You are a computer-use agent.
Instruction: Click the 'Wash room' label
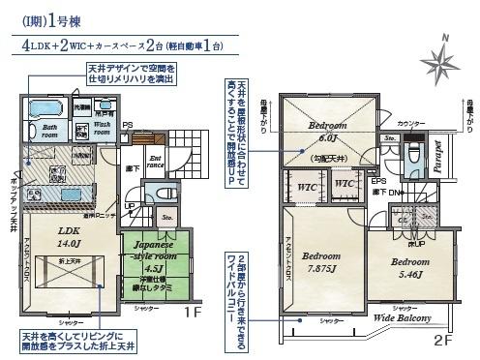click(x=106, y=129)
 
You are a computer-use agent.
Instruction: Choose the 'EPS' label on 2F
click(x=379, y=180)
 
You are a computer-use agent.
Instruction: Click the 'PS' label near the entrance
click(x=127, y=125)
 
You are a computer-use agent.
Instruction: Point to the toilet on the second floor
click(x=414, y=154)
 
